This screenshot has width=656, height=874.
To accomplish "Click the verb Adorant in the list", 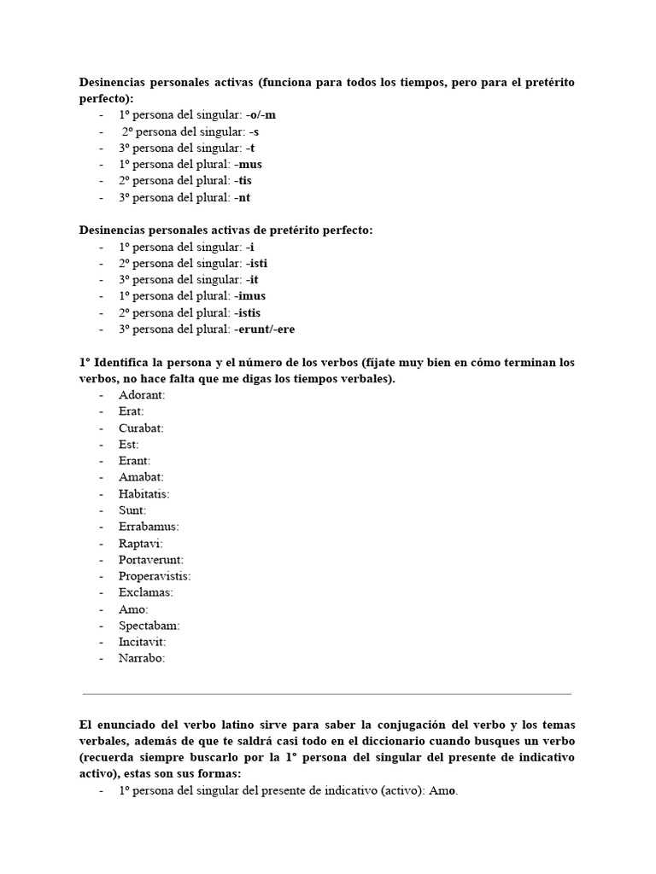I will tap(142, 395).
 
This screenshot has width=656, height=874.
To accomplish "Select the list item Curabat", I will tap(141, 428).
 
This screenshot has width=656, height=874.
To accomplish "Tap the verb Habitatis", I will tap(144, 494).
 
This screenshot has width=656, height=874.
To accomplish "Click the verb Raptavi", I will tap(140, 544).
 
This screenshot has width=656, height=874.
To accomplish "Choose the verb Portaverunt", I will tap(151, 560).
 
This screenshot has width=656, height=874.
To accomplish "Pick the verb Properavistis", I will tap(155, 576).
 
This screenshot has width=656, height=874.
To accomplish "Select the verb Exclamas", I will tap(145, 592).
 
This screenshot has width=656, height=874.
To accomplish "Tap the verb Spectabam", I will tap(149, 626).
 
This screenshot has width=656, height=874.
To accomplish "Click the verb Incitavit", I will tap(142, 642).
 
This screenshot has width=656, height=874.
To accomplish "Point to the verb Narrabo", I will tap(142, 658).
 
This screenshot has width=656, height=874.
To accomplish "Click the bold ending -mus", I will tap(250, 165).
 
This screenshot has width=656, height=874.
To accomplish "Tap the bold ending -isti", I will tap(256, 264).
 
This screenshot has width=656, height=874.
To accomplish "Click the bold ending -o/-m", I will tap(262, 115).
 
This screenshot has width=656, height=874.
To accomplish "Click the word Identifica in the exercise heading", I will tap(129, 363).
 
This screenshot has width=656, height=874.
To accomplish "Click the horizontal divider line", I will tap(327, 694).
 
